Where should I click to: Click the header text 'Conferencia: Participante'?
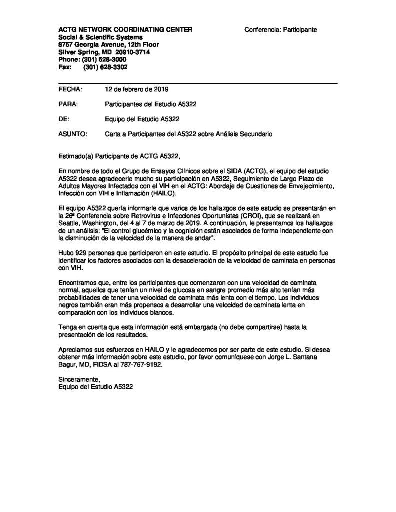280,30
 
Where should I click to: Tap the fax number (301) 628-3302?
105,67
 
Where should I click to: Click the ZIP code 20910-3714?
133,52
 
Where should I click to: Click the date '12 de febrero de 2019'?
136,90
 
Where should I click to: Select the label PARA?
68,105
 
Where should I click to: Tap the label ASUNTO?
72,134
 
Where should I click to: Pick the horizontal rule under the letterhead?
198,82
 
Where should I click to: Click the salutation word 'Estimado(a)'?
75,156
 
